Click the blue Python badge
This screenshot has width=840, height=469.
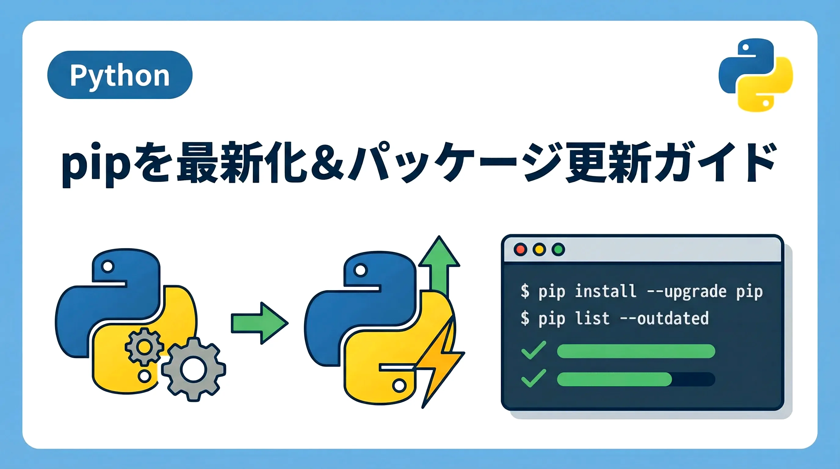pyautogui.click(x=120, y=75)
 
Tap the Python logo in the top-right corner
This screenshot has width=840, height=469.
pyautogui.click(x=755, y=75)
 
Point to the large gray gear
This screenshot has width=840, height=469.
pyautogui.click(x=194, y=369)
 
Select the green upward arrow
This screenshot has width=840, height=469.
pyautogui.click(x=439, y=264)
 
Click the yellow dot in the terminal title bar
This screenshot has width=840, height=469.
pyautogui.click(x=539, y=249)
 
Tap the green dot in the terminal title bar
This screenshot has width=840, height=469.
pyautogui.click(x=558, y=249)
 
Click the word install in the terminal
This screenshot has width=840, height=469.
pyautogui.click(x=605, y=291)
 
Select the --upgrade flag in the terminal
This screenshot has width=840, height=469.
pyautogui.click(x=686, y=292)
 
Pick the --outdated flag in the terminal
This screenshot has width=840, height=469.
pyautogui.click(x=664, y=318)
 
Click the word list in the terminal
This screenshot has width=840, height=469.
pyautogui.click(x=592, y=318)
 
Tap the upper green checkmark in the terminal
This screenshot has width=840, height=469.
pyautogui.click(x=534, y=350)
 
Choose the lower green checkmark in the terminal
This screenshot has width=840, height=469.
pyautogui.click(x=534, y=378)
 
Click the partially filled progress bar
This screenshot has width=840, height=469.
pyautogui.click(x=636, y=379)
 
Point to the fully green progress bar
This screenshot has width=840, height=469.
pyautogui.click(x=636, y=351)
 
